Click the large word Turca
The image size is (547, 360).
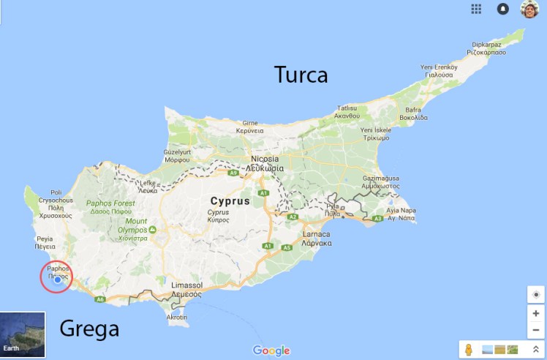[x=301, y=75]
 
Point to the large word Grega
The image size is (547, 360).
[x=88, y=329]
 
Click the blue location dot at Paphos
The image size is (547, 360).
[x=58, y=280]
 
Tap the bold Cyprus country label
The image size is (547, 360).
[x=230, y=200]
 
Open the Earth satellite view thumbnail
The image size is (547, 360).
[x=23, y=334]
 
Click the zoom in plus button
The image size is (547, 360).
[x=536, y=313]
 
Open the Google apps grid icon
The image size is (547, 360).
[x=476, y=9]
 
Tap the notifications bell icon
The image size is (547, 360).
[x=503, y=9]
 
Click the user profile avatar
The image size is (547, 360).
[x=529, y=9]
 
